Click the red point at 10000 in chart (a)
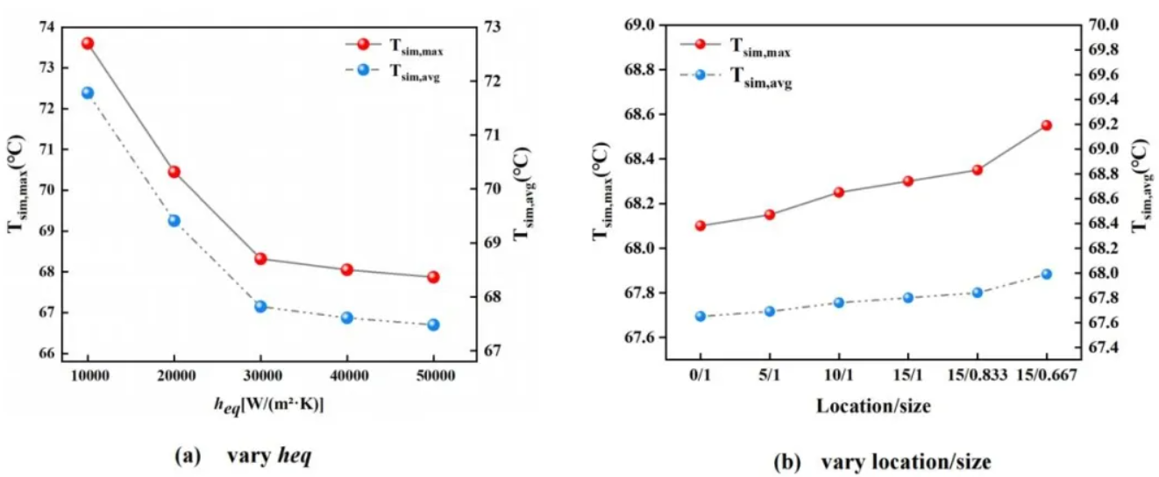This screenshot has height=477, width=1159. pos(88,43)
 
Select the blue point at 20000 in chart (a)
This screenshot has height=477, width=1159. pos(174,220)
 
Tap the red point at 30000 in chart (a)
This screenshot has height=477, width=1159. pos(260,259)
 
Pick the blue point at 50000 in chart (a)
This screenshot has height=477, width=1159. pos(433,324)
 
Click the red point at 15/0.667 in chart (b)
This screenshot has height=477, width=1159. pos(1046,125)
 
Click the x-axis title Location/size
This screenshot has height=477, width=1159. pos(873,406)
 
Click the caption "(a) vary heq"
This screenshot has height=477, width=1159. pos(243,456)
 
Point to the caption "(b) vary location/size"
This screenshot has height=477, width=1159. pos(884,462)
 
